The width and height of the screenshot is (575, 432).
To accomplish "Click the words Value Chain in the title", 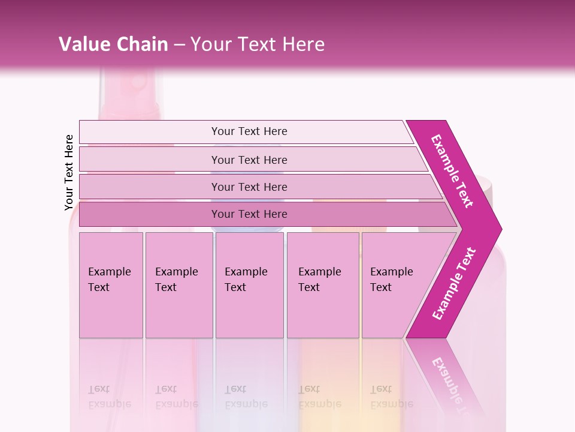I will tap(113, 44).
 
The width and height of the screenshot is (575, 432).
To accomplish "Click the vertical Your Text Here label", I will tap(69, 173).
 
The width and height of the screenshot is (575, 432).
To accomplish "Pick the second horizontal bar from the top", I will tap(249, 160).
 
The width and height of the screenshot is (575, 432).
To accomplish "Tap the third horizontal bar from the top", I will tap(249, 187).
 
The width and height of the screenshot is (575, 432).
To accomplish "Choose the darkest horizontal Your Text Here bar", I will tap(249, 214).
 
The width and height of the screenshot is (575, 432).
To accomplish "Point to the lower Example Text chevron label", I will tap(454, 283).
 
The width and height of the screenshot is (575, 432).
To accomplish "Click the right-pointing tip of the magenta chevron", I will tap(498, 229).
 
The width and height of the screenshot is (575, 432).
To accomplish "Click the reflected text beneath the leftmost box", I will tap(109, 396).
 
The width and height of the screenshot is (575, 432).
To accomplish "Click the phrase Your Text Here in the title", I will tap(258, 44).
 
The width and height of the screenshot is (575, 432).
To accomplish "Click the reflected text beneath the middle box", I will tap(246, 396).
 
